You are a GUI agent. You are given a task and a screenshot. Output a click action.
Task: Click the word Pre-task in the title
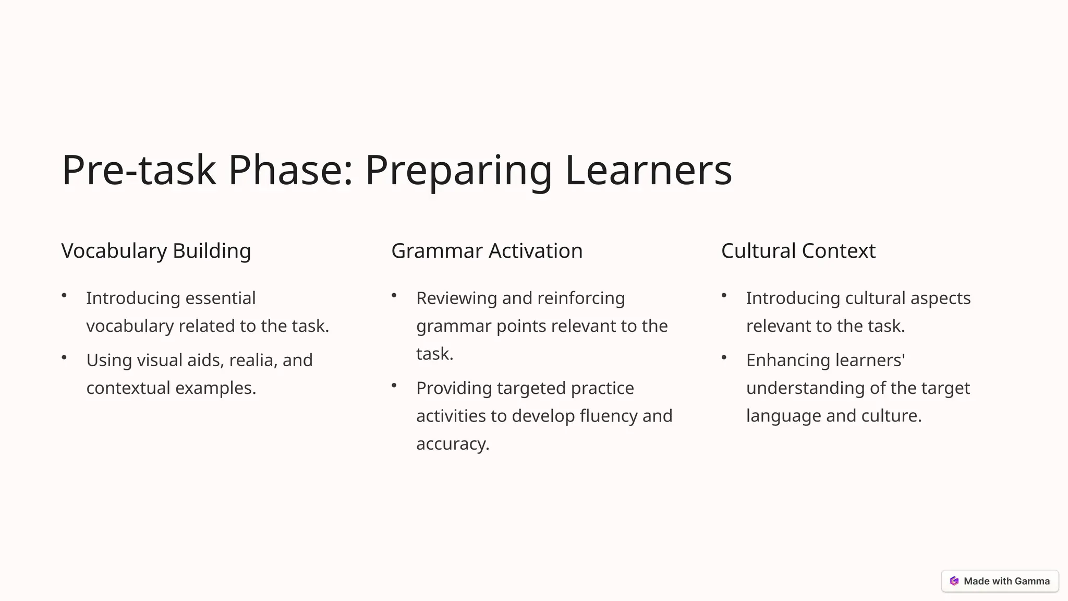coord(139,170)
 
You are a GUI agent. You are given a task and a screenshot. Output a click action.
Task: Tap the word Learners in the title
coord(648,170)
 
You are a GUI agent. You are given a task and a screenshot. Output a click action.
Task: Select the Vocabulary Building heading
coord(156,251)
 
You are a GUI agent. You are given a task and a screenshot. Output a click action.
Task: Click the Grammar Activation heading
coord(487,251)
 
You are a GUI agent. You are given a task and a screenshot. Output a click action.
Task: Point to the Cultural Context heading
coord(798,251)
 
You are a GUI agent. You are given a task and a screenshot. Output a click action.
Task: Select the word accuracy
coord(452,443)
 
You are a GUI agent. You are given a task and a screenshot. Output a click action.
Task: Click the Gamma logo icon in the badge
coord(954,581)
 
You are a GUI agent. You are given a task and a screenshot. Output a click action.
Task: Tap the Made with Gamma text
coord(1006,581)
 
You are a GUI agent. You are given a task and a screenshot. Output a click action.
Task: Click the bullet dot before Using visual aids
coord(64,358)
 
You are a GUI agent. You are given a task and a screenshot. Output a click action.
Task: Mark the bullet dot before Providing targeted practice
coord(394,386)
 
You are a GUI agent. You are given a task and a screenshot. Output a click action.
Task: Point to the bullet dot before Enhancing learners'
coord(724,358)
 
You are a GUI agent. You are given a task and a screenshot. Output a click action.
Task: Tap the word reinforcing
coord(580,298)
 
